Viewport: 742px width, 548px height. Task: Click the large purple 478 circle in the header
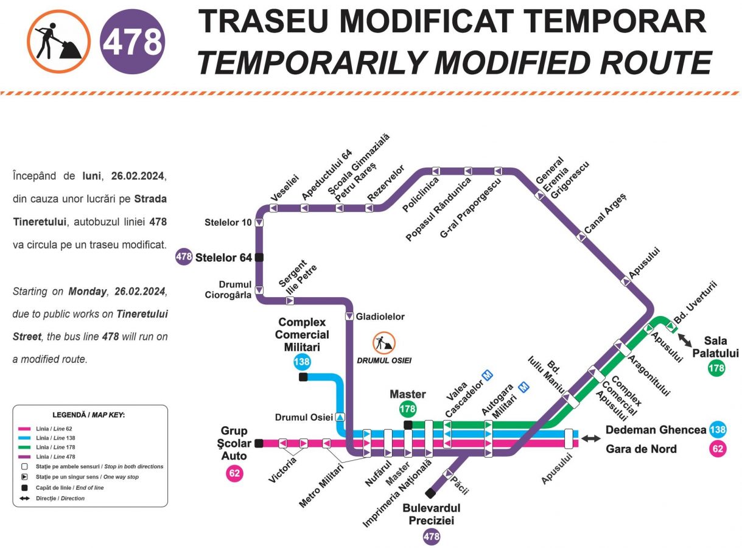coord(132,41)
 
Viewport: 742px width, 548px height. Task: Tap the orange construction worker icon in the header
coord(59,41)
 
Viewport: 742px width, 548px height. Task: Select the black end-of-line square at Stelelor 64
coord(259,257)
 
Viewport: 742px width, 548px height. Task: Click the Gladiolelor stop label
coord(380,317)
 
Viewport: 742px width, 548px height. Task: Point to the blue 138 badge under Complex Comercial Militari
coord(302,362)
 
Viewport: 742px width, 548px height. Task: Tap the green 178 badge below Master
coord(407,409)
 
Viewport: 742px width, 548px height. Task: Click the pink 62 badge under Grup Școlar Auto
coord(234,472)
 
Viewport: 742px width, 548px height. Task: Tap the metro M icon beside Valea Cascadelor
coord(487,376)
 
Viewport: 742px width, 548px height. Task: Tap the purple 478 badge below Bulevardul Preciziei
coord(431,536)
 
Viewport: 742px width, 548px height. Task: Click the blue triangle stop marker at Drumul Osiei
coord(340,417)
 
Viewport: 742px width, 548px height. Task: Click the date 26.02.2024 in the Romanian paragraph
coord(139,177)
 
